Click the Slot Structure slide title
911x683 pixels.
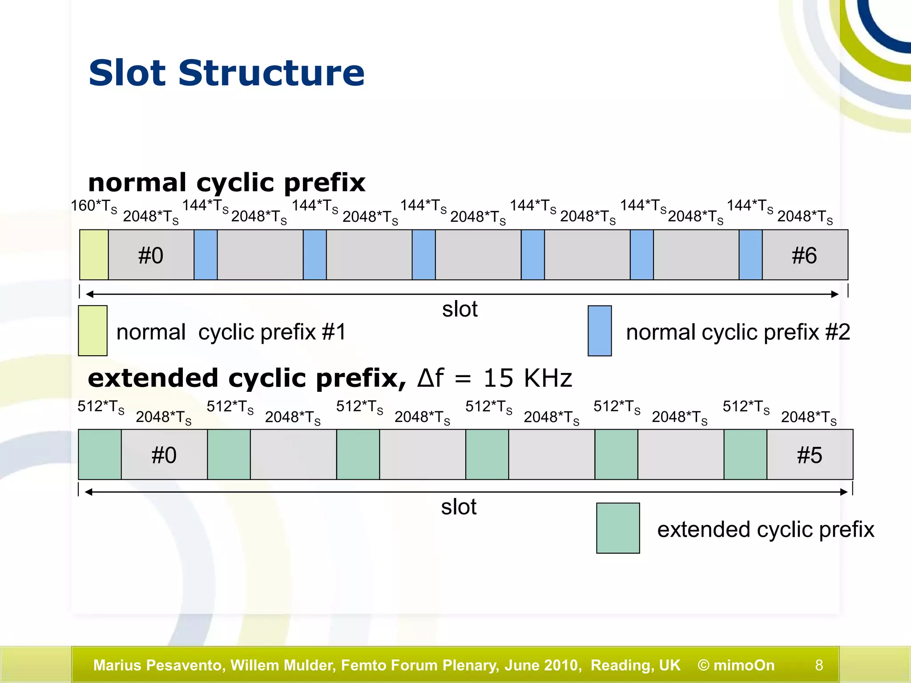tap(226, 73)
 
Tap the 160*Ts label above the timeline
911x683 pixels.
tap(94, 206)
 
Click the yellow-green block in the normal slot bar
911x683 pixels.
tap(94, 255)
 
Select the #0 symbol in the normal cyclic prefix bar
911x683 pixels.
tap(151, 255)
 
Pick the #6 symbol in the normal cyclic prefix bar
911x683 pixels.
tap(804, 255)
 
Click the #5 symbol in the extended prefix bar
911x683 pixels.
tap(809, 455)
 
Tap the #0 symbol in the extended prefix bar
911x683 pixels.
tap(164, 455)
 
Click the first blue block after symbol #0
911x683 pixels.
tap(206, 255)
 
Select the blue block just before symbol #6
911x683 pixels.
tap(750, 255)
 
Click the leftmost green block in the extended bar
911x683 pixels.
tap(100, 454)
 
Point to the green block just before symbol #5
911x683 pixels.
tap(745, 454)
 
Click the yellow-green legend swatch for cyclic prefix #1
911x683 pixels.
tap(93, 330)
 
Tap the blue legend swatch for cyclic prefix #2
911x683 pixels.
tap(599, 330)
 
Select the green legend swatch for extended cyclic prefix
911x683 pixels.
tap(618, 528)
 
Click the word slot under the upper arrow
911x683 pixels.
tap(460, 309)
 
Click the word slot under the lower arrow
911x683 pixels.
tap(459, 507)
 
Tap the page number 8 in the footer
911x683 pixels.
tap(819, 665)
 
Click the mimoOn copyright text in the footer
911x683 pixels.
tap(736, 665)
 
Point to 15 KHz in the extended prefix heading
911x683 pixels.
tap(528, 378)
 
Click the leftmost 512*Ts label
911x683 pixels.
tap(101, 406)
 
